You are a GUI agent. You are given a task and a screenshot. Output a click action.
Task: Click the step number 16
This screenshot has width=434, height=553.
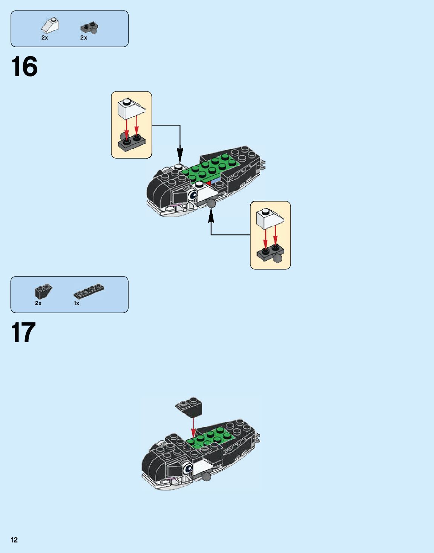point(25,66)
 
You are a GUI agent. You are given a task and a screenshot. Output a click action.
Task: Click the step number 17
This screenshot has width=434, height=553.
point(23,332)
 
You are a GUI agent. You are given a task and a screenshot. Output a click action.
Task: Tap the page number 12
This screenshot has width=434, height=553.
point(14,540)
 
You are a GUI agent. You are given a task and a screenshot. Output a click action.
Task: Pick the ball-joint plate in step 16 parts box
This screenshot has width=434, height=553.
point(89,28)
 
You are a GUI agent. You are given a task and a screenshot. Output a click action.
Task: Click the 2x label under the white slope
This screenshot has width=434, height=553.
point(44,38)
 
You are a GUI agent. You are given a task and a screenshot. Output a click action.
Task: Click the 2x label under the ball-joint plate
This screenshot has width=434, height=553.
point(84,38)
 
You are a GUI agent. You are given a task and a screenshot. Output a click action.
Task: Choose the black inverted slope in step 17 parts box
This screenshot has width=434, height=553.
point(43,292)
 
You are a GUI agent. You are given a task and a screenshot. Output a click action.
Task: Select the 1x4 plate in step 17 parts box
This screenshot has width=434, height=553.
point(89,291)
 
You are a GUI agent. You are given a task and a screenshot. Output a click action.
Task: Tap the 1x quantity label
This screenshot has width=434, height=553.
point(77,303)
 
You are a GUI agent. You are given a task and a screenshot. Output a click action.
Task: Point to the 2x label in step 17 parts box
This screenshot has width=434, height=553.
point(38,303)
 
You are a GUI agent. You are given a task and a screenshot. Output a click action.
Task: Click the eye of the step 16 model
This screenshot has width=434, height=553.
point(193,196)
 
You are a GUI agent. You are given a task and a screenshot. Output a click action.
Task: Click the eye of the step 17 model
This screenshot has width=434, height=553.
point(188,468)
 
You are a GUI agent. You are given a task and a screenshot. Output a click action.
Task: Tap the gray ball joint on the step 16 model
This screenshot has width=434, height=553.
point(212,203)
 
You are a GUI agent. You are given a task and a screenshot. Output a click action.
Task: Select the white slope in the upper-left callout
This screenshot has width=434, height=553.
point(131,108)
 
